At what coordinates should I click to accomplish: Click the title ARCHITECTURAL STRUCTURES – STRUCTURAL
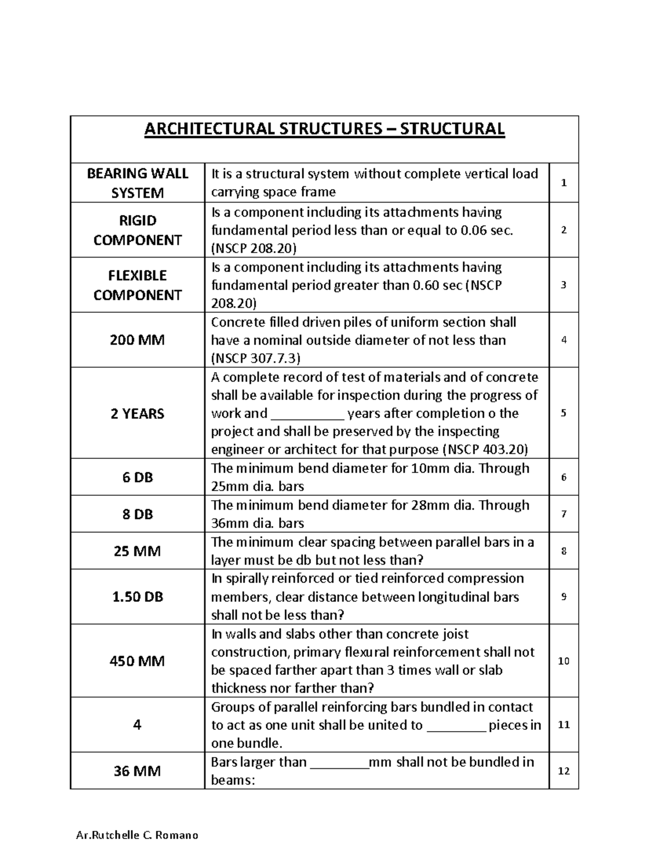[324, 129]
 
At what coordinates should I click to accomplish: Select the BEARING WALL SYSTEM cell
[137, 183]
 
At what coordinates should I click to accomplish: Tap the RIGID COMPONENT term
[137, 230]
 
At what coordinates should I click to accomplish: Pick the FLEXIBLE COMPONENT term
[137, 285]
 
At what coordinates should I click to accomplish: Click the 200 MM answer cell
[137, 340]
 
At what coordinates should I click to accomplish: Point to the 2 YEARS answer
[137, 413]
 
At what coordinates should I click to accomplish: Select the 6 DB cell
[137, 477]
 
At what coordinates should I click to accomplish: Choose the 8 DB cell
[137, 514]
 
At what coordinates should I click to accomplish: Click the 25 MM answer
[137, 551]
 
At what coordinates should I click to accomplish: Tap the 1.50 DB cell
[137, 596]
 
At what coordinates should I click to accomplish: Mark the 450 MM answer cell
[137, 661]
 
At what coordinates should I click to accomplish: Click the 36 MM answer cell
[137, 771]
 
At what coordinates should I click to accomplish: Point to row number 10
[564, 661]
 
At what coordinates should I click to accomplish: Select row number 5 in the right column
[564, 413]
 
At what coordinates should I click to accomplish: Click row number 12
[564, 771]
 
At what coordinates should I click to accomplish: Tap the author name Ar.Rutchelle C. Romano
[137, 835]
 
